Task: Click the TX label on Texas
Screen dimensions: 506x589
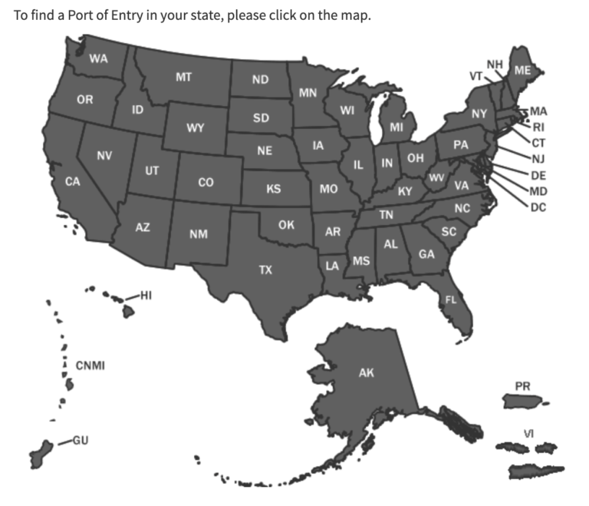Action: click(265, 270)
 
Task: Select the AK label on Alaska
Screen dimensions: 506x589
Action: click(367, 373)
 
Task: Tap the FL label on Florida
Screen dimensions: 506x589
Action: click(451, 299)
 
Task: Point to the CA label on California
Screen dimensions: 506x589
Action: click(73, 182)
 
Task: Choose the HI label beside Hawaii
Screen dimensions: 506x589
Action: click(146, 294)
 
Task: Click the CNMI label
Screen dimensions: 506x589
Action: click(90, 364)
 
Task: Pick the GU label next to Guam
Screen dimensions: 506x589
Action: click(81, 440)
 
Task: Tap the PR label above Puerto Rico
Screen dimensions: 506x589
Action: click(522, 385)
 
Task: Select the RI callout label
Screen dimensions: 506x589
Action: click(538, 127)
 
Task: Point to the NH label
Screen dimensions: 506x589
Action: click(495, 64)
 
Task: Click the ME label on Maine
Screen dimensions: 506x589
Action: click(522, 70)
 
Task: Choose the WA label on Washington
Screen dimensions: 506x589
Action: click(98, 58)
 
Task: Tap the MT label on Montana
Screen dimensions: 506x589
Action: click(183, 77)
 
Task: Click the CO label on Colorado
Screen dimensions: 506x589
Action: click(206, 183)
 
